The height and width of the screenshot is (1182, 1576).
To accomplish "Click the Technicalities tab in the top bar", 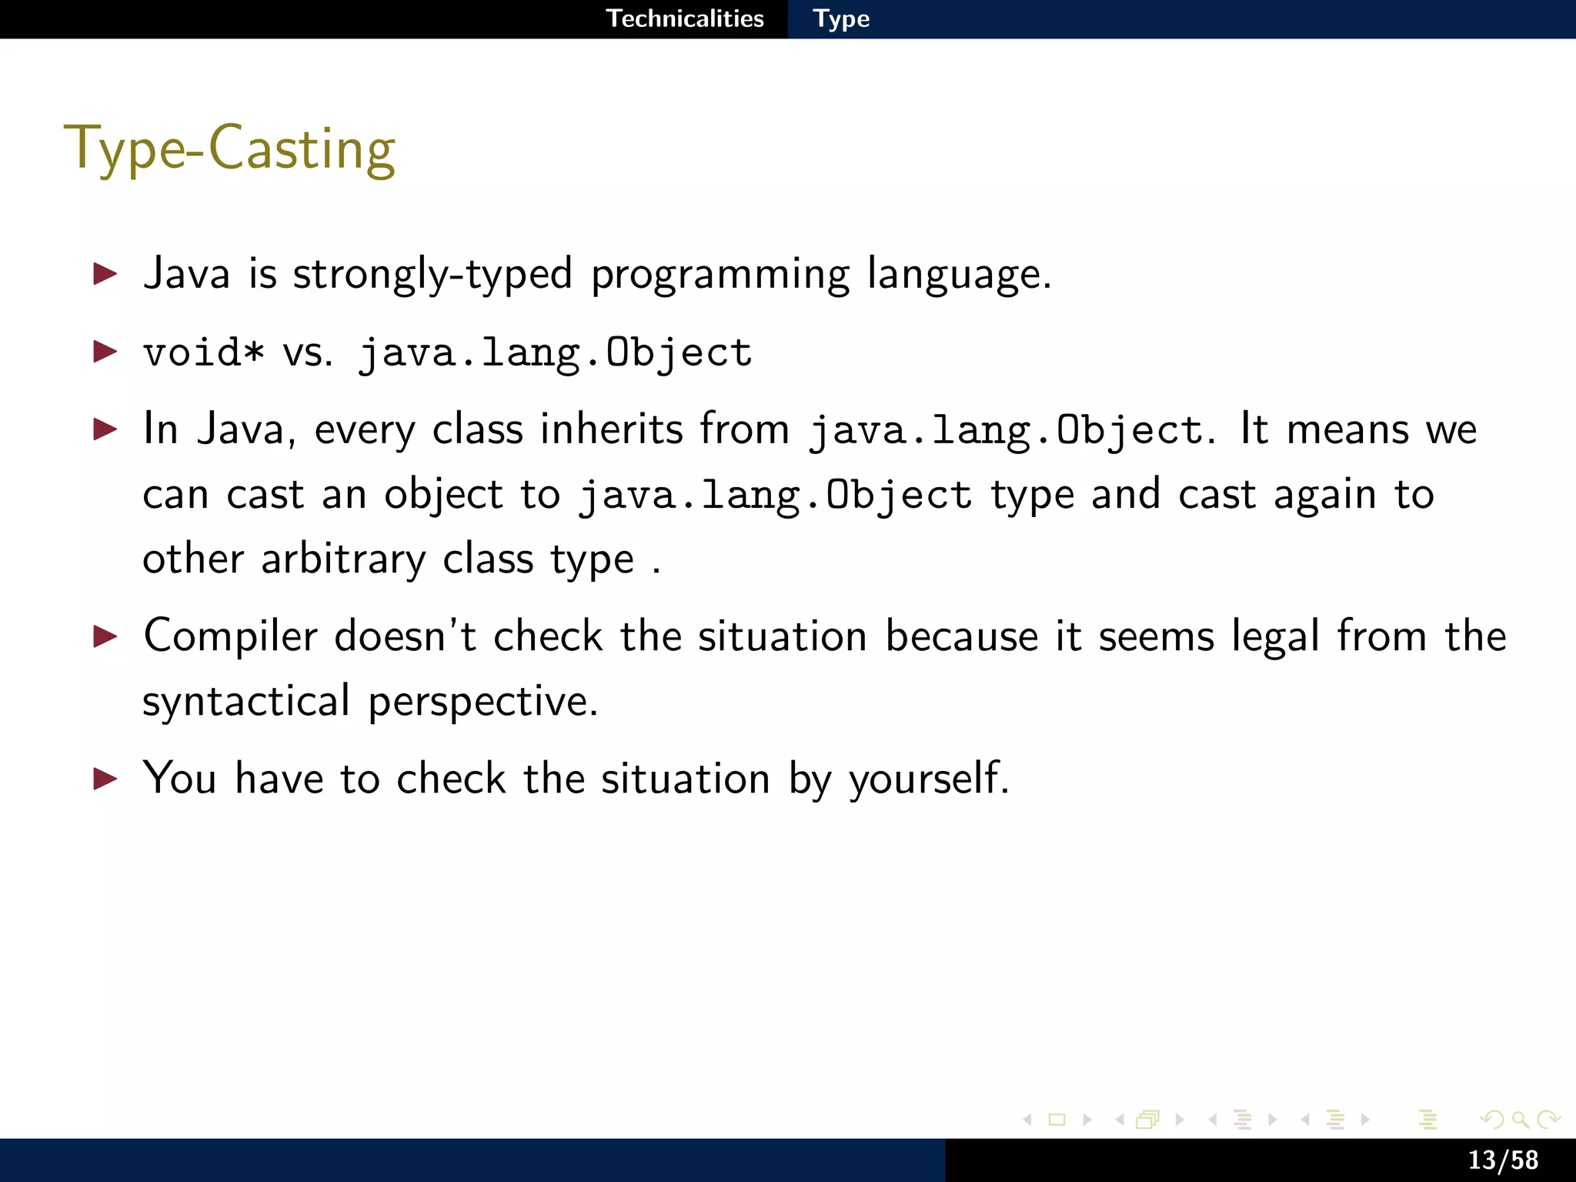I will (x=685, y=18).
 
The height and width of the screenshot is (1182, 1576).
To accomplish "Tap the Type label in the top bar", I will (x=841, y=18).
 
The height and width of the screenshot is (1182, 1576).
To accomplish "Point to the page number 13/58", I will (x=1502, y=1160).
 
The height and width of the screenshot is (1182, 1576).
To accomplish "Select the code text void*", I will (x=204, y=352).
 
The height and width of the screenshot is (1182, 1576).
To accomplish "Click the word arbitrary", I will (x=342, y=559).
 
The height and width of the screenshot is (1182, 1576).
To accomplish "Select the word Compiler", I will (x=230, y=637).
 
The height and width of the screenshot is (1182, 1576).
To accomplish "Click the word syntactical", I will (x=246, y=702).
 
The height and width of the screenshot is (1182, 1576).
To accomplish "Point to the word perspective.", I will (x=482, y=702).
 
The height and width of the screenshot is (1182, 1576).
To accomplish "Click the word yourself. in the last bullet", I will (x=928, y=779).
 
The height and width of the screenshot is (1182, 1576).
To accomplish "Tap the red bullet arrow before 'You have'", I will (x=105, y=779).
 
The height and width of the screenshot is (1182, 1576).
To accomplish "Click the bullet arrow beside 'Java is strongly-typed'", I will (x=105, y=274).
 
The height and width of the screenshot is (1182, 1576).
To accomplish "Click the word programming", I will (x=720, y=275).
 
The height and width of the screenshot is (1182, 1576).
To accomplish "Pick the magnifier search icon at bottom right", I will (x=1520, y=1120).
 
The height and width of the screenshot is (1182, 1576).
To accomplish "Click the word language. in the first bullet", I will (x=959, y=275).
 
